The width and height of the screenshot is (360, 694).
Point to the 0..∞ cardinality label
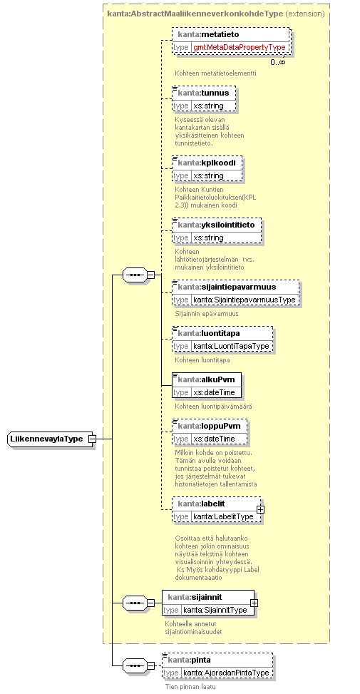tap(278, 62)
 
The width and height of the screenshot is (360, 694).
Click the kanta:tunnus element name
tap(203, 93)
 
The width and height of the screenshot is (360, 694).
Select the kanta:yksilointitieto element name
tap(216, 225)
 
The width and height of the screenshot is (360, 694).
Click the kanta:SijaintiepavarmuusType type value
tap(244, 300)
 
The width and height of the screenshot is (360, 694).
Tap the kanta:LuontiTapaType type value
tap(231, 346)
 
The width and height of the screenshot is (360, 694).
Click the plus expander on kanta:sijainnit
tap(254, 603)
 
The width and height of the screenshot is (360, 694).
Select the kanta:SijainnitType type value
tap(215, 610)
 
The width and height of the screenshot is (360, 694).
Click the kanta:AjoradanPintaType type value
tap(226, 673)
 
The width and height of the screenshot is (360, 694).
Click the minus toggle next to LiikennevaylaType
tap(92, 439)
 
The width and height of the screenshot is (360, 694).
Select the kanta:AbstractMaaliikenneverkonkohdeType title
tap(195, 14)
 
